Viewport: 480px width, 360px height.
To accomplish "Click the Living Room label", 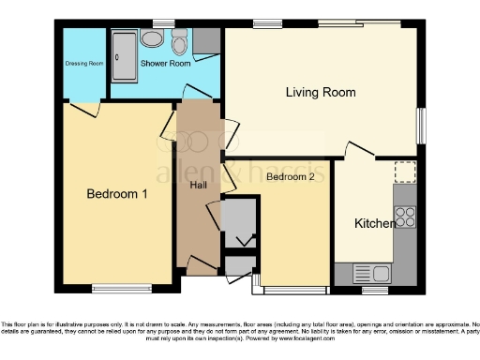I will click(x=321, y=92).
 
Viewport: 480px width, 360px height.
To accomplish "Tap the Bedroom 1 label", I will click(x=117, y=194).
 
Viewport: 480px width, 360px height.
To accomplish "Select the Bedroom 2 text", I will click(x=290, y=176).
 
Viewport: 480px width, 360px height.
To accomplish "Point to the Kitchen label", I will click(x=373, y=224).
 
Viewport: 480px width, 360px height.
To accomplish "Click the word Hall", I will click(x=198, y=186).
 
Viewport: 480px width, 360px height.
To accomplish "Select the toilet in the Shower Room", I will click(x=179, y=41).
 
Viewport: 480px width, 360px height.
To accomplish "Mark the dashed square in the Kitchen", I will click(x=404, y=172).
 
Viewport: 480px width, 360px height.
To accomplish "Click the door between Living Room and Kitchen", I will click(x=359, y=150).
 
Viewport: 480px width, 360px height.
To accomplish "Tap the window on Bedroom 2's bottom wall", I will click(x=293, y=286).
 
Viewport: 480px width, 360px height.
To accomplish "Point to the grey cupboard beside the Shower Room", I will click(x=207, y=40).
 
